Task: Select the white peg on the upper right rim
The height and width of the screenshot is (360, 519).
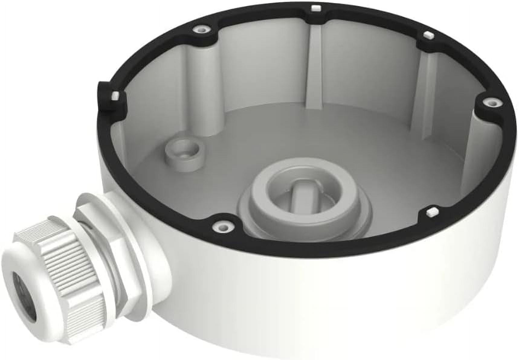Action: [427, 35]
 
